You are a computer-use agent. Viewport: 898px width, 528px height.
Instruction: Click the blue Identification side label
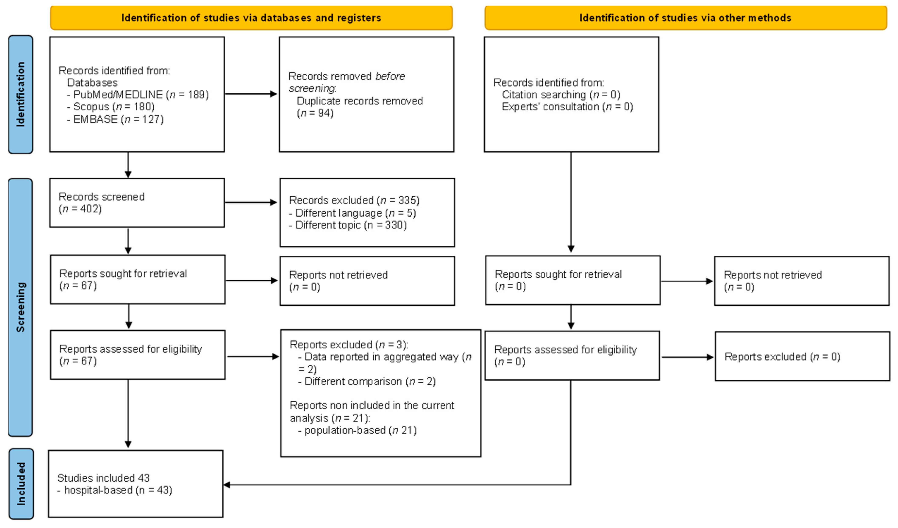point(21,94)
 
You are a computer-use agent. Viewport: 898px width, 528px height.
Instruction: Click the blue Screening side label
point(21,307)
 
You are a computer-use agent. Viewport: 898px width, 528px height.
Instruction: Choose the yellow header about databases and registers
point(251,18)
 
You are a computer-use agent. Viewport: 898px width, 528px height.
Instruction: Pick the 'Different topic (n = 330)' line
point(348,225)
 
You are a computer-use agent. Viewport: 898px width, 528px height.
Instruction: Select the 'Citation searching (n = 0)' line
point(561,94)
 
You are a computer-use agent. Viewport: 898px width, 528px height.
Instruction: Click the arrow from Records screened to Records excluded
point(251,202)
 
